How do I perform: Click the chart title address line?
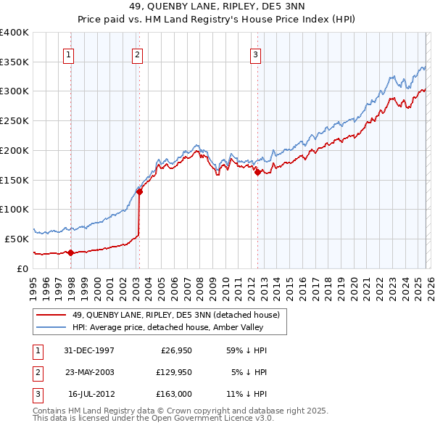tap(218, 8)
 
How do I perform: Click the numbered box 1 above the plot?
tap(68, 53)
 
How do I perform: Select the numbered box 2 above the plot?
tap(137, 53)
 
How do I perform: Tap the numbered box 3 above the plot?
tap(256, 53)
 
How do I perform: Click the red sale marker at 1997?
tap(71, 252)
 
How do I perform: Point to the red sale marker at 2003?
tap(140, 192)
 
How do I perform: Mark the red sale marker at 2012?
tap(257, 172)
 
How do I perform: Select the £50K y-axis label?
tap(17, 239)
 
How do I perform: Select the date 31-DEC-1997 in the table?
tap(89, 350)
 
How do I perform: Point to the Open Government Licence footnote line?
tap(154, 419)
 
